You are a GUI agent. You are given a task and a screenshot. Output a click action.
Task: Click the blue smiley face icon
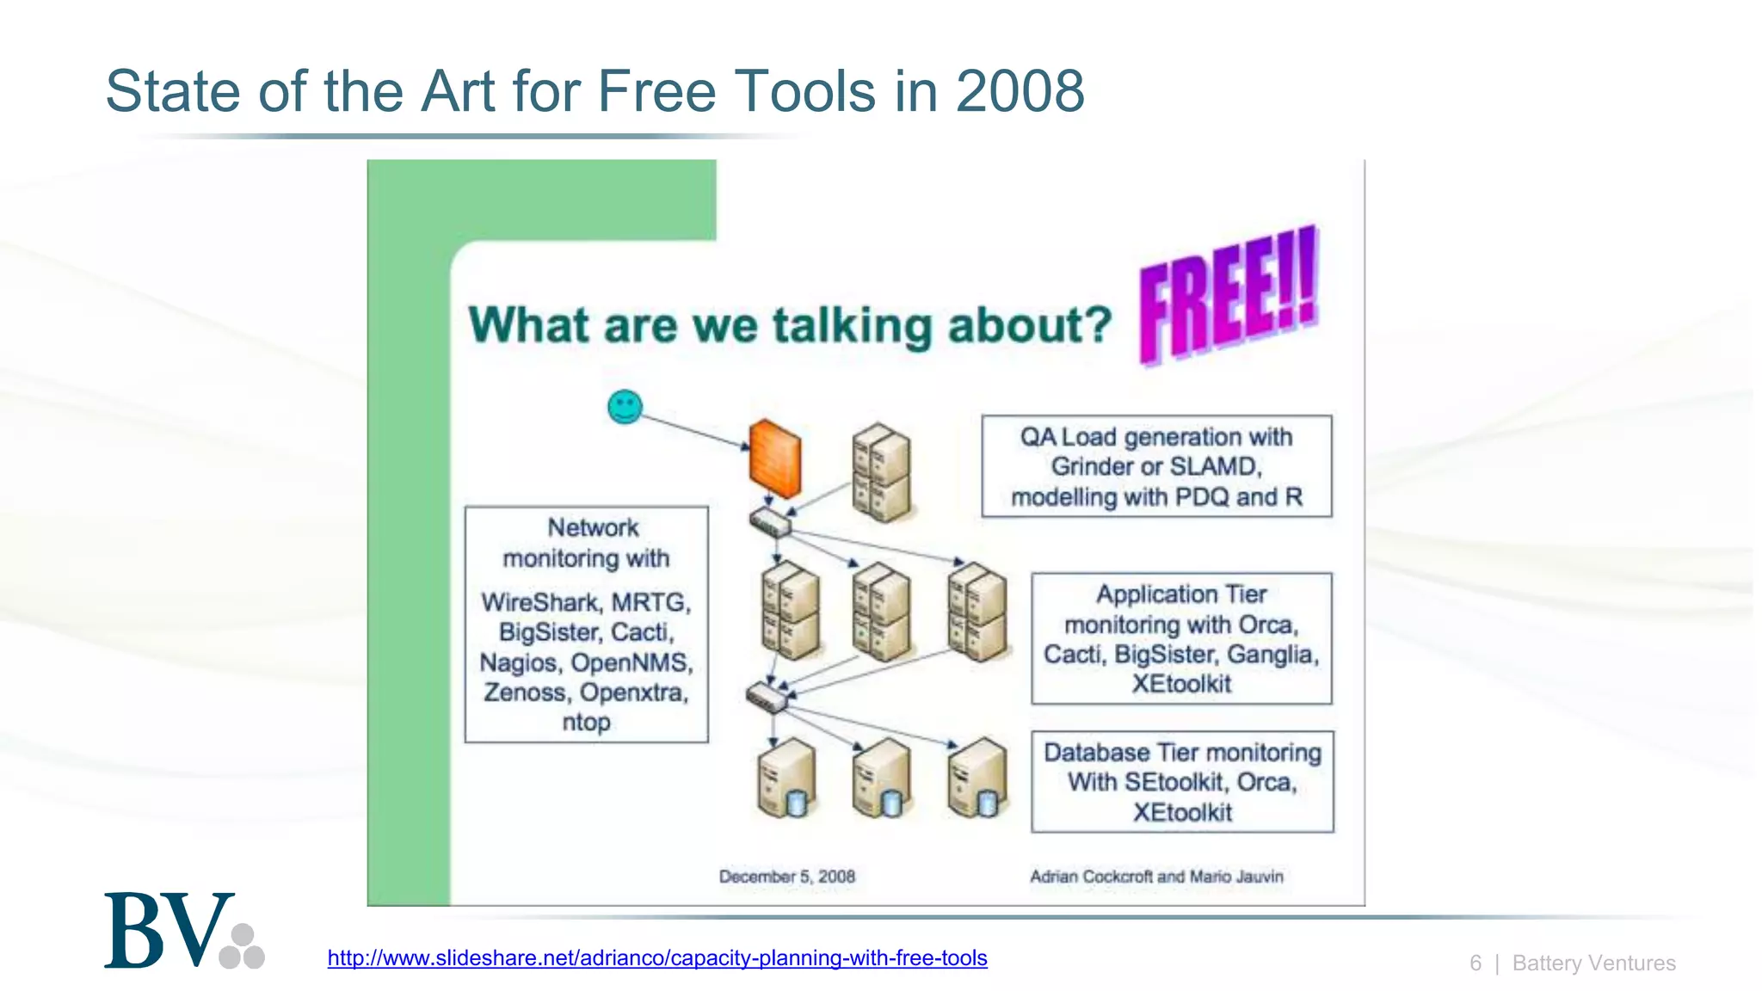(625, 407)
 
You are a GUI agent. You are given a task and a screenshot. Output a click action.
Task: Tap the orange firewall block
(774, 458)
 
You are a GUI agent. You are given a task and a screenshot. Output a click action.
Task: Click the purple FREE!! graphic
(1228, 293)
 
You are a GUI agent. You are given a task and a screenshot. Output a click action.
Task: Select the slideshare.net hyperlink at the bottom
(657, 957)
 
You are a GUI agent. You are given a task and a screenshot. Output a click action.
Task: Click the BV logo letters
(169, 931)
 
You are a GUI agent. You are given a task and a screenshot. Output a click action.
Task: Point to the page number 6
(1476, 963)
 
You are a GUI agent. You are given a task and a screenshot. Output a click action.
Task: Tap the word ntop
(586, 722)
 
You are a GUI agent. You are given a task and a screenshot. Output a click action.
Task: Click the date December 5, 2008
(786, 877)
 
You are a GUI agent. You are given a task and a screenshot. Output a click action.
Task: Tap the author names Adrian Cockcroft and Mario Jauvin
(1156, 877)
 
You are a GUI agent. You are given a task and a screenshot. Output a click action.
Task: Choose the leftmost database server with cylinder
(786, 779)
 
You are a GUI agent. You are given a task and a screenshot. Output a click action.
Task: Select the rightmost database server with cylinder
(976, 779)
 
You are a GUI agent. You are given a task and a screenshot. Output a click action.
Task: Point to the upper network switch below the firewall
(770, 521)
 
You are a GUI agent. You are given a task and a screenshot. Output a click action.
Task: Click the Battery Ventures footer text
(1593, 963)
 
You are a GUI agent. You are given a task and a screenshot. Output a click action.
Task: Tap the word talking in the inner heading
(852, 325)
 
